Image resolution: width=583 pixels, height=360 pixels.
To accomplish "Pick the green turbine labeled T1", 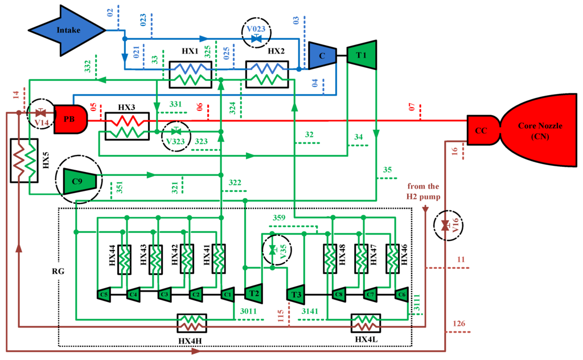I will pyautogui.click(x=363, y=55).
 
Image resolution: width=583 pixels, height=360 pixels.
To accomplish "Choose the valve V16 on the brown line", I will pyautogui.click(x=445, y=226).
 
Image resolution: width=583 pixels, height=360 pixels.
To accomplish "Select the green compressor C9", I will pyautogui.click(x=79, y=181).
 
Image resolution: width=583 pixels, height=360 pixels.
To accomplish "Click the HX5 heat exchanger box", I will pyautogui.click(x=24, y=161).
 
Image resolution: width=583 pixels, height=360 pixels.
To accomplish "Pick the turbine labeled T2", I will pyautogui.click(x=253, y=294).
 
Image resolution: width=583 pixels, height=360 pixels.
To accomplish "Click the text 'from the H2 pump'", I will pyautogui.click(x=424, y=191).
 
